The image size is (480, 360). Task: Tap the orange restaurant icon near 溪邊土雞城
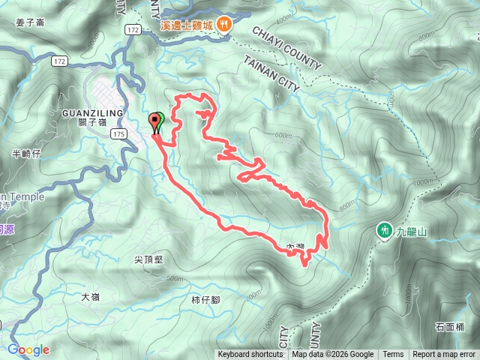(x=225, y=25)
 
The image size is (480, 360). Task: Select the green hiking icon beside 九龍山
(x=384, y=231)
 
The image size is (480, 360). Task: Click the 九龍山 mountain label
(x=412, y=232)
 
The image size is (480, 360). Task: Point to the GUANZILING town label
(x=88, y=112)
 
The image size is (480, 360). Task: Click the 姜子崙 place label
(x=31, y=22)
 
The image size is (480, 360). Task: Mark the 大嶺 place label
(x=90, y=296)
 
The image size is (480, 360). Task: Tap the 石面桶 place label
(x=449, y=327)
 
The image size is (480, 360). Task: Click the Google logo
(x=28, y=349)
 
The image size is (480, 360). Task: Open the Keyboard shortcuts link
(x=250, y=355)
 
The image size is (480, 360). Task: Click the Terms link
(x=393, y=355)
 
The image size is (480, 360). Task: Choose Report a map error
(x=444, y=355)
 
